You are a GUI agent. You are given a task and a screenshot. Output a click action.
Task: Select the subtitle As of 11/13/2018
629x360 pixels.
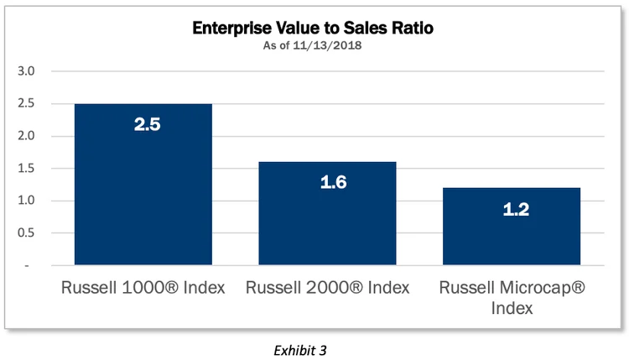[314, 45]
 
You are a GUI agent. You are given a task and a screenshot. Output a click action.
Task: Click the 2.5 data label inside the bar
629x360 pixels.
[143, 125]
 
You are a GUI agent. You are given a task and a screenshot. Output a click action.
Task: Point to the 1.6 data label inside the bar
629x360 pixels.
[328, 183]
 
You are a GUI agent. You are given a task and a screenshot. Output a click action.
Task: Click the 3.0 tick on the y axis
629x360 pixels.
[27, 71]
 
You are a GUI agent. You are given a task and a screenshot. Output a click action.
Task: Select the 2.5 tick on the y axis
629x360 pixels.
[27, 104]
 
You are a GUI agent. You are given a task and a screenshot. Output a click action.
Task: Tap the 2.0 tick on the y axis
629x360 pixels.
[27, 136]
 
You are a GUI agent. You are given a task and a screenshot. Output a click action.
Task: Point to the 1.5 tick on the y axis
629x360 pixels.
[27, 169]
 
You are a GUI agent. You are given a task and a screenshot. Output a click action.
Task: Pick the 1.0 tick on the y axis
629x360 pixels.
[27, 201]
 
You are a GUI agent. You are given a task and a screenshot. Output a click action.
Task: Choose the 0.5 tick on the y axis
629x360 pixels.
[27, 233]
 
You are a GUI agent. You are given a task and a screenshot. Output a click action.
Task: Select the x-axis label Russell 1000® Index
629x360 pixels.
[143, 288]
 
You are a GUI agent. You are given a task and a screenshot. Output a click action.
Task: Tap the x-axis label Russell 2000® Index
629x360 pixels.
[328, 288]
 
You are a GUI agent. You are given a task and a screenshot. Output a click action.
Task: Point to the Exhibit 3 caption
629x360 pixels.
[314, 344]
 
